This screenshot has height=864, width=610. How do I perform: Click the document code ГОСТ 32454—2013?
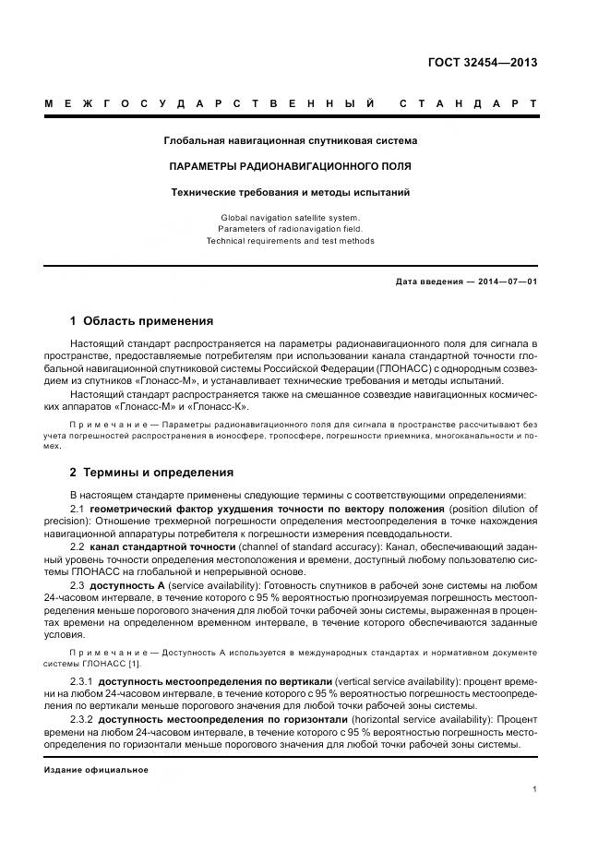coord(482,63)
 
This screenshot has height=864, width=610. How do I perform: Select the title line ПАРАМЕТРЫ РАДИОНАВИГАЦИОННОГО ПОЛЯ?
coord(290,167)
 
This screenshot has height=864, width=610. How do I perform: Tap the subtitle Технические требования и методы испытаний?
coord(290,193)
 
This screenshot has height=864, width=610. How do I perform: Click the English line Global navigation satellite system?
coord(290,217)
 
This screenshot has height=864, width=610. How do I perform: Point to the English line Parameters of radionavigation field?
coord(290,229)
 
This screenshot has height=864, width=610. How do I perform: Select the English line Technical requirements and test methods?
coord(290,241)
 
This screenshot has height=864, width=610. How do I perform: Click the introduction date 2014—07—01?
coord(505,281)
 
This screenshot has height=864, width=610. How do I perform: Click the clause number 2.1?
coord(78,510)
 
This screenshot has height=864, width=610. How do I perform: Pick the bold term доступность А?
coord(130,585)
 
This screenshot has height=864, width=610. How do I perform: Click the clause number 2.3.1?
coord(81,681)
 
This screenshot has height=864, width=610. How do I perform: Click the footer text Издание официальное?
coord(96,770)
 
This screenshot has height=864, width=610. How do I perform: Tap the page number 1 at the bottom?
coord(534,789)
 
